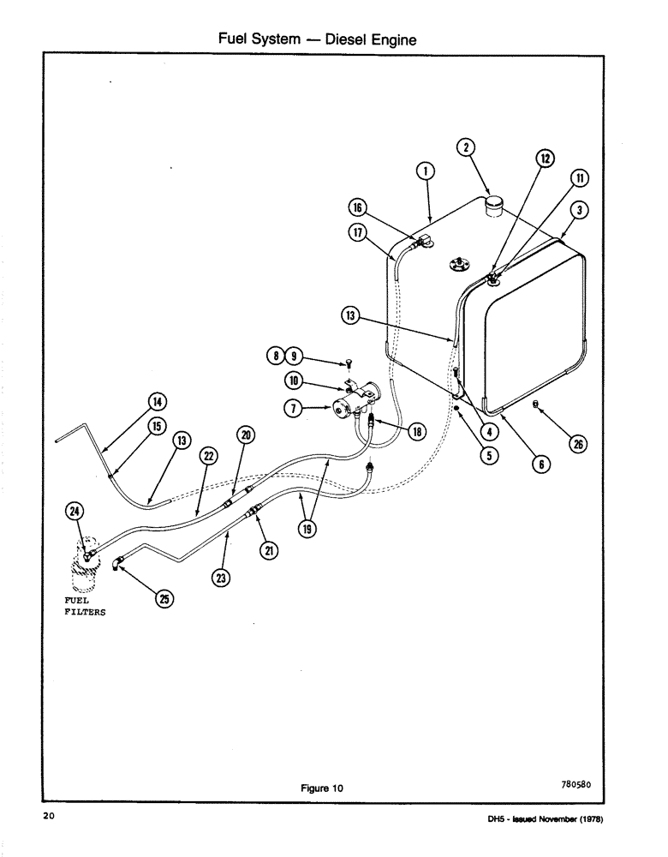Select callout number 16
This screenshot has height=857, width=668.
pos(358,207)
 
